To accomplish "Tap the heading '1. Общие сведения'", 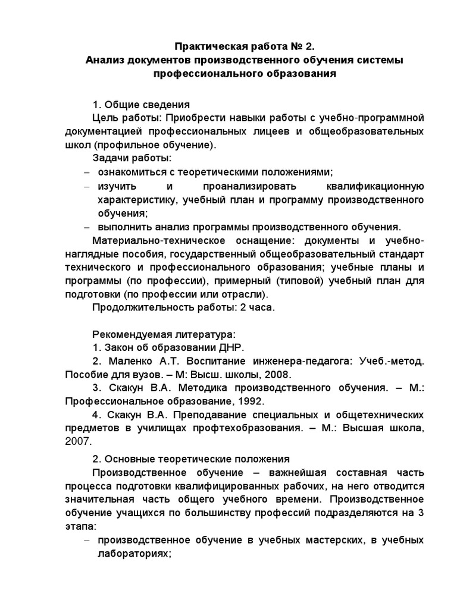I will point(141,102).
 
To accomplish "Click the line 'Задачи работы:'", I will point(132,158).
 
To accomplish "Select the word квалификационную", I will point(375,186).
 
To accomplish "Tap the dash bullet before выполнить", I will point(86,227).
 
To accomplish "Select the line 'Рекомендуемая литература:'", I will point(164,334).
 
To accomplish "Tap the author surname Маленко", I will point(127,362).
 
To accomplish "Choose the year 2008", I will point(277,375).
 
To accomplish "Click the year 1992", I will point(232,402).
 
